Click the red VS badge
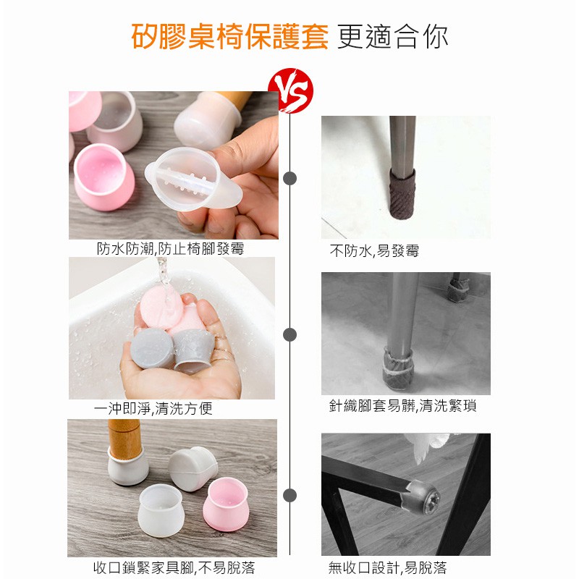[291, 90]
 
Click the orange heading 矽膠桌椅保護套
[229, 36]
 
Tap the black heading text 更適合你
[393, 37]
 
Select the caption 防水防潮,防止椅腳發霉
[171, 248]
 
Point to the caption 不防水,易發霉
[374, 251]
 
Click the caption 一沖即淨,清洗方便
[153, 408]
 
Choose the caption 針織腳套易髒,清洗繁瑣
[402, 406]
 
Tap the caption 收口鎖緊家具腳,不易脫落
[174, 567]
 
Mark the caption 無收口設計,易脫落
[387, 567]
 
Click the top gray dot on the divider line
[290, 178]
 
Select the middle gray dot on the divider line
[290, 335]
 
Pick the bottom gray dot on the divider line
[290, 495]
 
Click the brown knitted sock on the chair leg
[402, 195]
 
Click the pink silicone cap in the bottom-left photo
[226, 504]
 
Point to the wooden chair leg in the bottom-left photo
[124, 439]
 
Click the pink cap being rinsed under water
[161, 307]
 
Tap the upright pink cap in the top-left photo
[104, 177]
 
